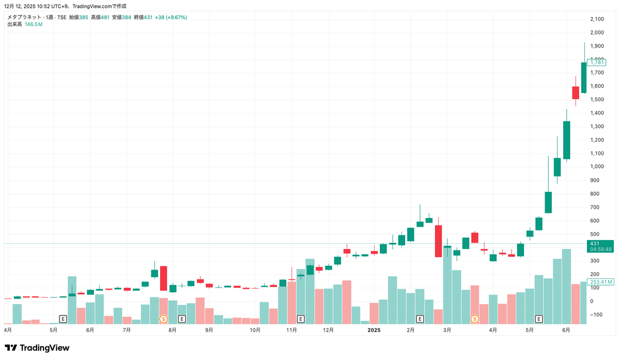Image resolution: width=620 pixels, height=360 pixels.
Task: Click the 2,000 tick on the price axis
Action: tap(597, 33)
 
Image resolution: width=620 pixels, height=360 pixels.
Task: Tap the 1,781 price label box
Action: tap(597, 62)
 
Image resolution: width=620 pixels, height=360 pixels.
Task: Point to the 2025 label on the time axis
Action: tap(374, 330)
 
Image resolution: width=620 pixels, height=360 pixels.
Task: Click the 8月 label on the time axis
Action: tap(173, 330)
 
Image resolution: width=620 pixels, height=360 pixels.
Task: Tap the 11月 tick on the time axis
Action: tap(291, 330)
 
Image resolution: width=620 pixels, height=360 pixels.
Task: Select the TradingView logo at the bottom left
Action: tap(37, 348)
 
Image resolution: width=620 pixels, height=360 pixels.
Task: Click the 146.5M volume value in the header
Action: tap(34, 24)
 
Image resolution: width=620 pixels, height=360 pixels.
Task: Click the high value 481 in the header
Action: tap(105, 17)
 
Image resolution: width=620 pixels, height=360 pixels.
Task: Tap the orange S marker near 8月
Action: tap(163, 319)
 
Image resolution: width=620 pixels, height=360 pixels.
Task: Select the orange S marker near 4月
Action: tap(474, 319)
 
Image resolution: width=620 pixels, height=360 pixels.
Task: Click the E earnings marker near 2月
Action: tap(420, 319)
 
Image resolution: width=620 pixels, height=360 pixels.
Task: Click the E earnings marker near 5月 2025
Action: tap(539, 319)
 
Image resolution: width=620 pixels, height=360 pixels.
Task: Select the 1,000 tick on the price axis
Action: tap(597, 167)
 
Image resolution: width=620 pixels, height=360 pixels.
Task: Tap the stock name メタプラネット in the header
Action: tap(24, 17)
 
